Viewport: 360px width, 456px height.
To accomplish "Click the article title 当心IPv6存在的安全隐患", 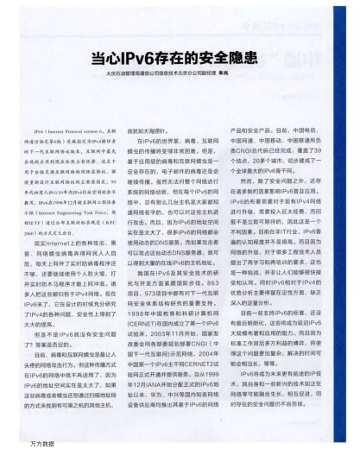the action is (x=181, y=60).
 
